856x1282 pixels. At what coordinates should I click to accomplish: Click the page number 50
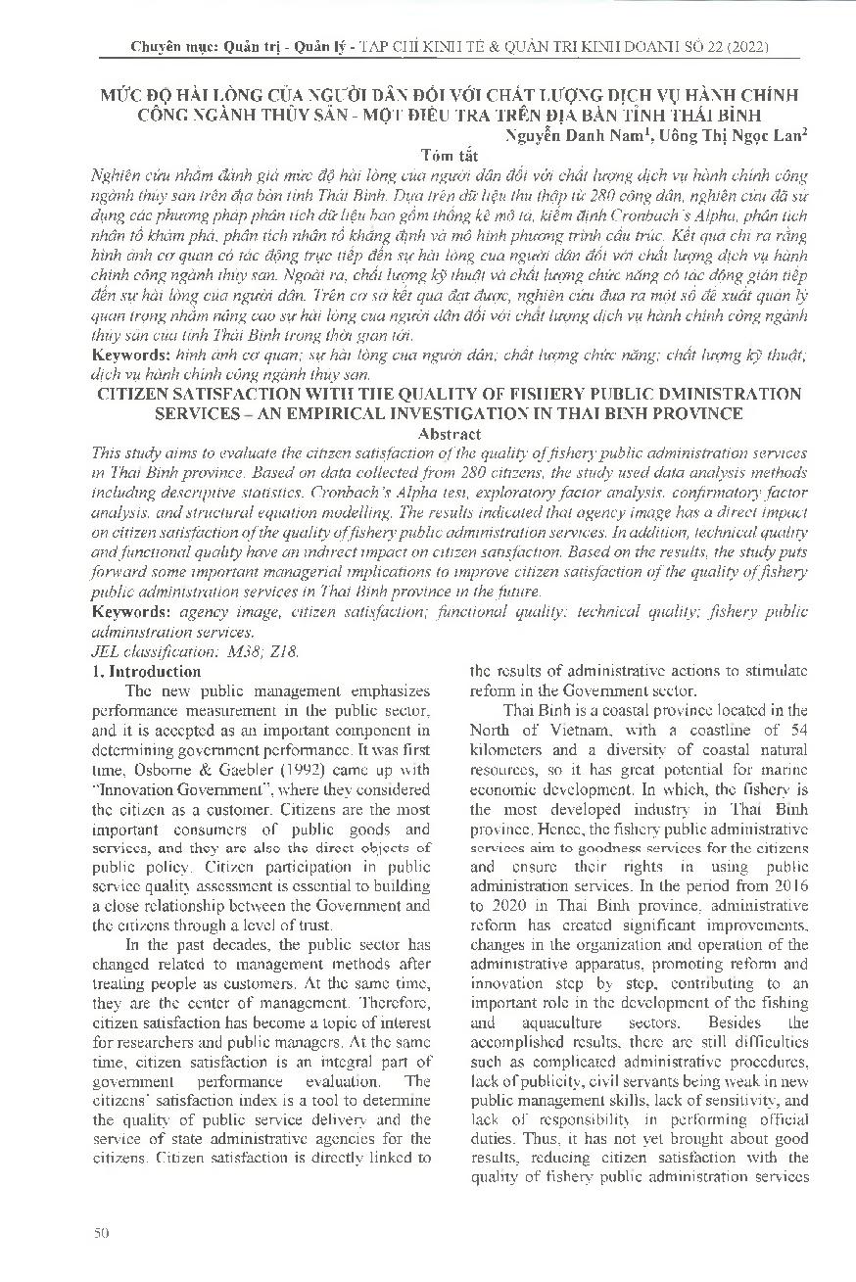(99, 1232)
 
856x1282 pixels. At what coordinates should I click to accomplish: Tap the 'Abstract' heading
(449, 433)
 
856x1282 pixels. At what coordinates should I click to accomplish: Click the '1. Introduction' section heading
(146, 672)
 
